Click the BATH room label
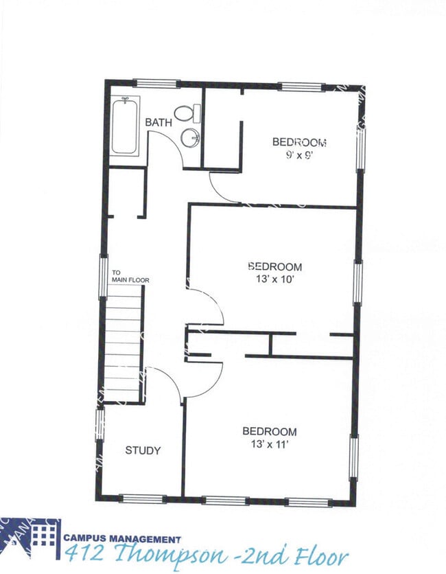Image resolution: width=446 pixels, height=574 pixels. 158,123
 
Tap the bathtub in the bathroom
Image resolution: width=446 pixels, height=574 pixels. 125,126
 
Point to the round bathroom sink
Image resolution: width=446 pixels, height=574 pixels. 190,139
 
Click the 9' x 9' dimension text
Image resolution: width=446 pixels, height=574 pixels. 299,155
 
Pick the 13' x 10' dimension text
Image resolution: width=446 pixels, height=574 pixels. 274,279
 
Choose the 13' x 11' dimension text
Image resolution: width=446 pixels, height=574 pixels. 269,444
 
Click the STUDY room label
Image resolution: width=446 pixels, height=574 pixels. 143,450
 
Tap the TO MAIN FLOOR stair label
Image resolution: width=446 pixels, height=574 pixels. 130,277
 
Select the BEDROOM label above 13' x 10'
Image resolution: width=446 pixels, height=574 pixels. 274,266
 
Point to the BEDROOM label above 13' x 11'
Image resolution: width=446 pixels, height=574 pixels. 270,432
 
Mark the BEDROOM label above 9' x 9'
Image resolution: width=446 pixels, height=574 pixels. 299,142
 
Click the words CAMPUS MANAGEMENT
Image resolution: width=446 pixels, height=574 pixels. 122,540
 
